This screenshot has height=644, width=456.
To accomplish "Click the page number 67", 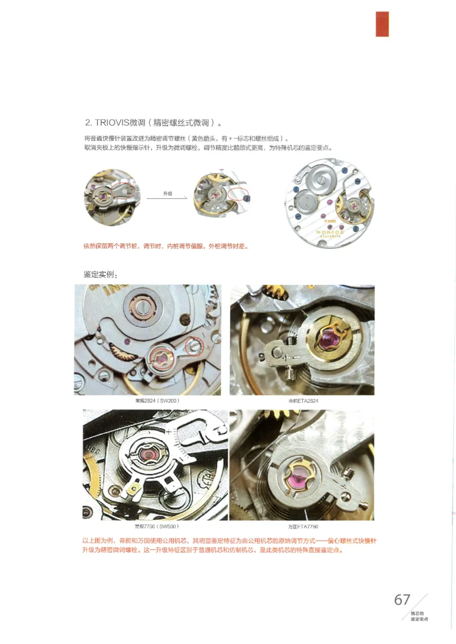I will (x=402, y=600).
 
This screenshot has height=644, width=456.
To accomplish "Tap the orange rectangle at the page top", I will (x=382, y=24).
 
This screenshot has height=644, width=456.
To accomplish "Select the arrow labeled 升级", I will (x=167, y=198).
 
